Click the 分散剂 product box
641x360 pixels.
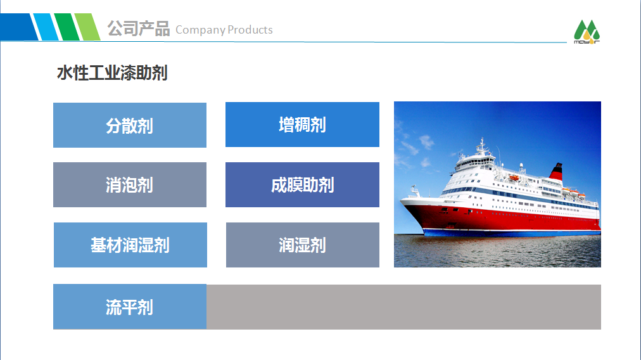[x=130, y=125]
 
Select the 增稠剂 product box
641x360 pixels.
[x=303, y=124]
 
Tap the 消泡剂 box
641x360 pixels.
[x=130, y=185]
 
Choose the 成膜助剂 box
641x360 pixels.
[x=303, y=185]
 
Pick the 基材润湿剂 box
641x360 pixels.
[x=130, y=245]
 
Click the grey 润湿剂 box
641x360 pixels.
[x=303, y=245]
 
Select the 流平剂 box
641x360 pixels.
[x=130, y=307]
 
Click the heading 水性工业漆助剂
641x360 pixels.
[x=112, y=74]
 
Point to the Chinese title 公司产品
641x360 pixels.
[x=139, y=29]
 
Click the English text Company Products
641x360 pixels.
[x=224, y=30]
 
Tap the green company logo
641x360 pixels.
[x=587, y=32]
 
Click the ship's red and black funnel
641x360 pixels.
[x=556, y=171]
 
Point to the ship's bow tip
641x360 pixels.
[x=401, y=200]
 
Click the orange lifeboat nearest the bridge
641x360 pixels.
[x=514, y=177]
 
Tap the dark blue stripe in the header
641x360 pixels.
[x=19, y=27]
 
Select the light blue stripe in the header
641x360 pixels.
[x=46, y=27]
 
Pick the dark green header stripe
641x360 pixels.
[x=67, y=27]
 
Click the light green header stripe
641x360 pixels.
[x=87, y=27]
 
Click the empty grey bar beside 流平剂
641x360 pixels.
[x=403, y=307]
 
